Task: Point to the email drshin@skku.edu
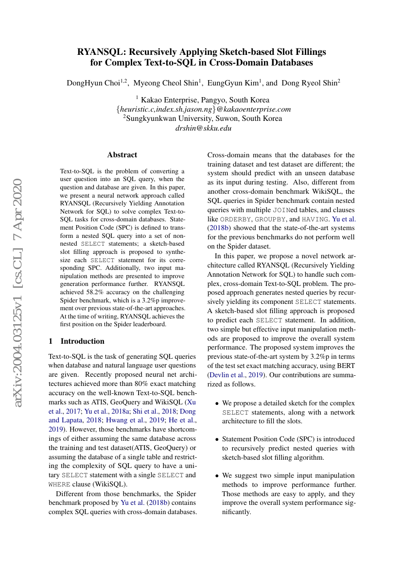[204, 128]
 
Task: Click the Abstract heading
[122, 155]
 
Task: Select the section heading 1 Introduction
[77, 341]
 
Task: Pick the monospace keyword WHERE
[60, 484]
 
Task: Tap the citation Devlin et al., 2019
[236, 375]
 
